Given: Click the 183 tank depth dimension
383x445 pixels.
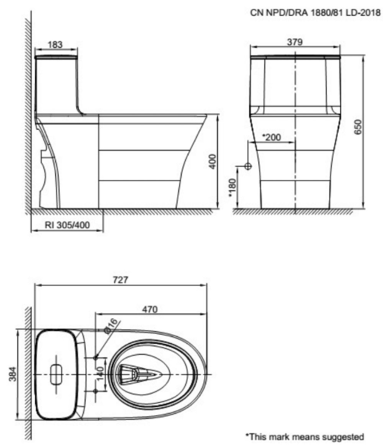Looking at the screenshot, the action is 55,44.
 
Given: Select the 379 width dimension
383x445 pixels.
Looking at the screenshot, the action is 295,42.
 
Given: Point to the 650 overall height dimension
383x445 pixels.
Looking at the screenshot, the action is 358,127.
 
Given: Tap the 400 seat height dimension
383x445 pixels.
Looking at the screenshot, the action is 212,161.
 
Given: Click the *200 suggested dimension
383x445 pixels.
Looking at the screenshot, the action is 272,137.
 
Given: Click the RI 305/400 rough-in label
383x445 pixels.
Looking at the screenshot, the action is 67,225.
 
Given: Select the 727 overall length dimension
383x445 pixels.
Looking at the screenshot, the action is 121,280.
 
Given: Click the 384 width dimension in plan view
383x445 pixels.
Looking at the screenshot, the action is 12,374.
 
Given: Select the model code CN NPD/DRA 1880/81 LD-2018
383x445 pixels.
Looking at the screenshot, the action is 316,13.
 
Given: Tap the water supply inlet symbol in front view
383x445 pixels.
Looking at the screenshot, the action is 248,166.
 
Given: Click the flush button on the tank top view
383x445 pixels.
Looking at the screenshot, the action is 56,374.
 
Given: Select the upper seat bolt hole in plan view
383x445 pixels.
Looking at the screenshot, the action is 95,357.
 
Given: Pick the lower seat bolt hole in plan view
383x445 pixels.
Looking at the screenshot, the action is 95,391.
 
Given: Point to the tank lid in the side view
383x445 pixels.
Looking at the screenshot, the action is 56,57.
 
